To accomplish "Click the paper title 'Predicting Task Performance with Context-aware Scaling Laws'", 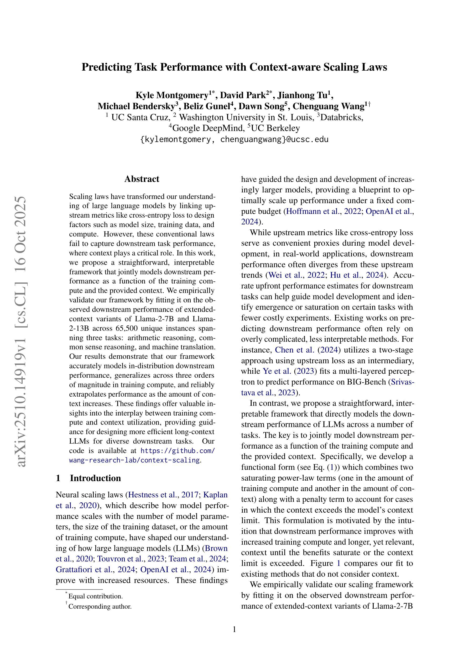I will click(234, 67).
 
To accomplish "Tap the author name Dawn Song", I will click(261, 107).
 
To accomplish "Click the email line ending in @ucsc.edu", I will click(234, 139).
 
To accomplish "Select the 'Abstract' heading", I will click(142, 179).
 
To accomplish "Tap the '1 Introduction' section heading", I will click(88, 478).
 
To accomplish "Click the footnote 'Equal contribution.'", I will click(95, 596).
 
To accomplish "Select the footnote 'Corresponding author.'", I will click(100, 606).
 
